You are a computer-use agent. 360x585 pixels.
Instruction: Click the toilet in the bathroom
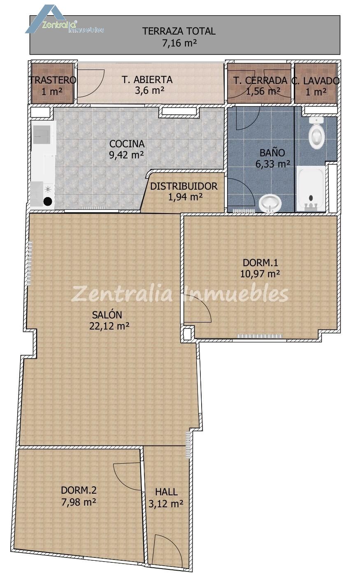(x=316, y=132)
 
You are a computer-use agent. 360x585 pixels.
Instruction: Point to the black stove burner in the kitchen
(x=47, y=201)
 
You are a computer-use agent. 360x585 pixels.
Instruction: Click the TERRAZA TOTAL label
(x=179, y=31)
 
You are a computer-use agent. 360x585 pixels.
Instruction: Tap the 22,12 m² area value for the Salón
(x=109, y=326)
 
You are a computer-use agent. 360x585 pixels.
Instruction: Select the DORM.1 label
(x=260, y=262)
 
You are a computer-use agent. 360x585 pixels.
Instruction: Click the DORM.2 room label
(x=79, y=490)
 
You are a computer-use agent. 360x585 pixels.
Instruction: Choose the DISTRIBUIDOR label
(x=183, y=186)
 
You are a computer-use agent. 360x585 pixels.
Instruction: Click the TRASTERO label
(x=53, y=80)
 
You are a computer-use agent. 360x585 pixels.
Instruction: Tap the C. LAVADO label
(x=316, y=81)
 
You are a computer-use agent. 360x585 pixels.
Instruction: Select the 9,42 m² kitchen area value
(x=126, y=155)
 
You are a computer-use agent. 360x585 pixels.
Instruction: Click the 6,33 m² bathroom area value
(x=273, y=164)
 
